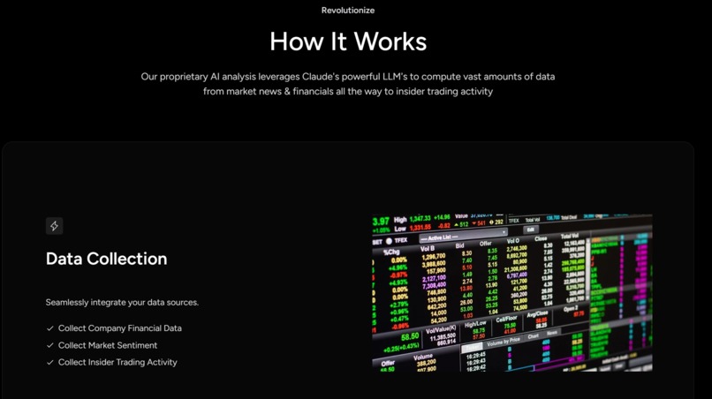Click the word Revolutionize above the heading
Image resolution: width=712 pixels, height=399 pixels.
pos(348,11)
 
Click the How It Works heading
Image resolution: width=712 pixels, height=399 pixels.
pos(348,41)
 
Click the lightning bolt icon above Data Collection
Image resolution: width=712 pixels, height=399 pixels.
pos(54,226)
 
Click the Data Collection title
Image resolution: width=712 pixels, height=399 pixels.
pos(106,259)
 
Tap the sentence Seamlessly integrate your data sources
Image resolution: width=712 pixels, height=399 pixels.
pos(122,303)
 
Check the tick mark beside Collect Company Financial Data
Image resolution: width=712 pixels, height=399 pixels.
pos(50,328)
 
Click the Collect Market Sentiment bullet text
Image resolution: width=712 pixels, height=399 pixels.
pos(108,345)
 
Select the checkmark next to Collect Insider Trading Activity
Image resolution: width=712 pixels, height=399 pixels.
pos(50,363)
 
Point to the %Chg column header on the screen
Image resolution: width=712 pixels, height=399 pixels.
pos(391,252)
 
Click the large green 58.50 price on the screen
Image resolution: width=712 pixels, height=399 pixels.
pos(409,337)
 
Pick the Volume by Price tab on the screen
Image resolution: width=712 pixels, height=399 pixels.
pos(505,342)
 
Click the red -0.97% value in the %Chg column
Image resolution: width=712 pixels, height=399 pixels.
pos(398,275)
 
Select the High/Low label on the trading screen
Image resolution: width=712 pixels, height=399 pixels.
pos(475,324)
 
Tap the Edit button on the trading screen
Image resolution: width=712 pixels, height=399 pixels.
pos(530,230)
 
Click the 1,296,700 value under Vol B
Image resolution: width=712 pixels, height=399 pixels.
pos(434,257)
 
